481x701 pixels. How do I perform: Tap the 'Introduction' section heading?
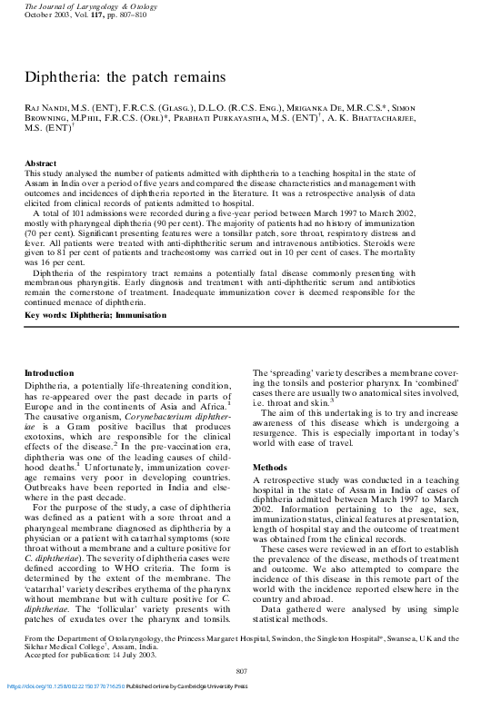[50, 373]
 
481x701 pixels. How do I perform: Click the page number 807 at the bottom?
[241, 670]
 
